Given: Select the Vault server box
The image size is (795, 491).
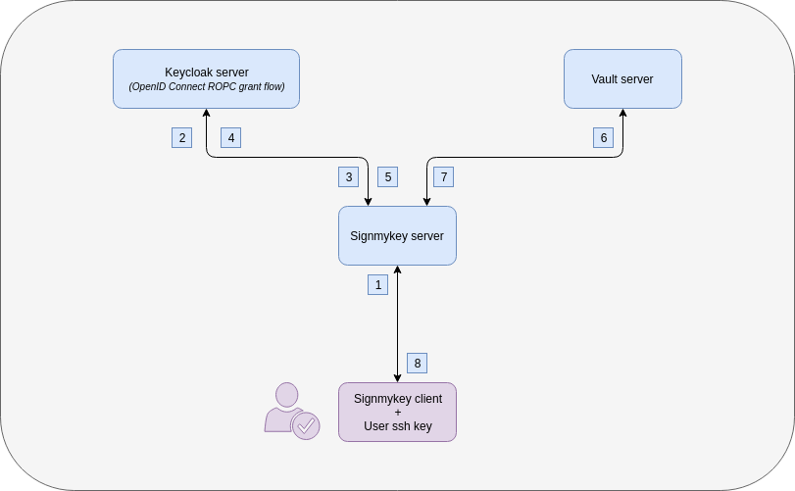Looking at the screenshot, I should click(x=622, y=78).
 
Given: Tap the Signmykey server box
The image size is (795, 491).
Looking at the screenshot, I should click(x=397, y=235).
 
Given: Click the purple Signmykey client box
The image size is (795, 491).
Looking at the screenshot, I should click(x=397, y=412).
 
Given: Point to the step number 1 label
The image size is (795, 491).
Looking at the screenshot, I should click(x=378, y=284).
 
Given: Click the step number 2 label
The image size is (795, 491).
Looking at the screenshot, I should click(x=181, y=137).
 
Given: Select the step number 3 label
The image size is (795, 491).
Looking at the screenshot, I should click(x=348, y=176).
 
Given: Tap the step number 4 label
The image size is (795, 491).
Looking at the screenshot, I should click(x=231, y=137).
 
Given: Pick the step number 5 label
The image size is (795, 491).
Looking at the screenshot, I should click(x=388, y=176).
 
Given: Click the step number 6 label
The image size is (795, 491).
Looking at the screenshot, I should click(x=604, y=137).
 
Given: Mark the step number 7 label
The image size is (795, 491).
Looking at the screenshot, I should click(x=444, y=176).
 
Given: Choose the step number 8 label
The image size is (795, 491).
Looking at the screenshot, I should click(x=418, y=363).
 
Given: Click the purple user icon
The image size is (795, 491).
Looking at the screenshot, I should click(x=286, y=407).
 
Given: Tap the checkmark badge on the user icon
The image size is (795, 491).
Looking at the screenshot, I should click(x=306, y=426).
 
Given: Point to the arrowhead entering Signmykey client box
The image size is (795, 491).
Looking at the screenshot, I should click(x=397, y=377).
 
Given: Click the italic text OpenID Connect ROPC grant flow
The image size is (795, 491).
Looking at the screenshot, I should click(x=206, y=87).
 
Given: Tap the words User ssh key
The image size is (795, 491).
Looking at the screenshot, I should click(x=397, y=426).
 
